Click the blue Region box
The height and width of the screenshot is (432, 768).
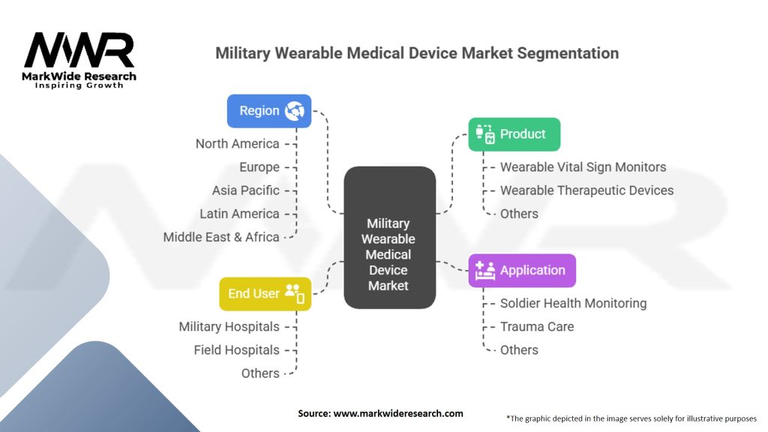click(269, 111)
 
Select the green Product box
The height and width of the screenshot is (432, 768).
click(514, 134)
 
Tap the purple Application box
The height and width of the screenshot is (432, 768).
click(522, 271)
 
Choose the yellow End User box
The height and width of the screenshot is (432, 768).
click(265, 294)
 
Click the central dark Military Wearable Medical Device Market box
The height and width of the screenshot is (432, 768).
click(388, 238)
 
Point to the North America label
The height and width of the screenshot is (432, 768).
click(237, 144)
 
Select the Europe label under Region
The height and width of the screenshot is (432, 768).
click(259, 167)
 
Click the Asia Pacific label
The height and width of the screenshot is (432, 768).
click(245, 190)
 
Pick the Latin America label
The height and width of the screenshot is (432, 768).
click(239, 214)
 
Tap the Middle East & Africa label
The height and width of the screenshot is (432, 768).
click(221, 237)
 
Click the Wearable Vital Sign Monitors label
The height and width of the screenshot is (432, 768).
click(583, 167)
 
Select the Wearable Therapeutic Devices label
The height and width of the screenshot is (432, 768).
click(586, 190)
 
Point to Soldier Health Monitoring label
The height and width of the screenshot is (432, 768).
click(573, 304)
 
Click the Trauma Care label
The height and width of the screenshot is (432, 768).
click(537, 327)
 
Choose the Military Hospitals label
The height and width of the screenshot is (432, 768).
click(229, 327)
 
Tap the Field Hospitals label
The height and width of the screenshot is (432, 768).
click(236, 350)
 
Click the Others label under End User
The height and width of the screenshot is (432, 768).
click(260, 373)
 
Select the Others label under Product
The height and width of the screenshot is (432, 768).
click(519, 214)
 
